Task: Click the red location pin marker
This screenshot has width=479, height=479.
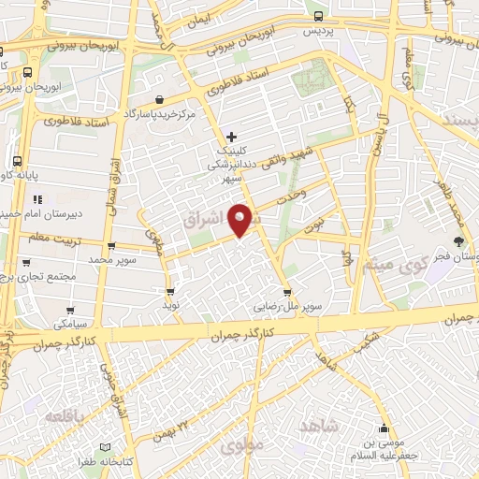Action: coord(241,218)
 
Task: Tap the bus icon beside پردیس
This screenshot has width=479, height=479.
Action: coord(319,16)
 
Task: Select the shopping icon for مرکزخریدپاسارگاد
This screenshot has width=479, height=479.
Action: coord(160,100)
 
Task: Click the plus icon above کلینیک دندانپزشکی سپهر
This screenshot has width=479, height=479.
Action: coord(232,137)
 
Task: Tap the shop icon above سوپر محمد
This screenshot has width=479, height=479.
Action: coord(112,247)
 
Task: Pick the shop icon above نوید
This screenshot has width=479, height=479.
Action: coord(169,292)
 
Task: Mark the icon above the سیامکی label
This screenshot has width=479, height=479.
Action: coord(70,309)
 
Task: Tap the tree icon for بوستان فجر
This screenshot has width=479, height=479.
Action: coord(457,241)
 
